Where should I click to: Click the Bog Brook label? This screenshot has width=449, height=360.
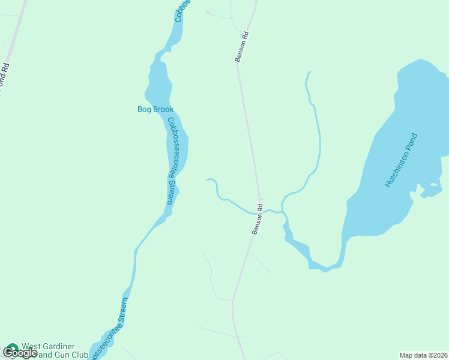coord(155,109)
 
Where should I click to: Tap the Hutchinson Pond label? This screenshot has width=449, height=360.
coord(401,160)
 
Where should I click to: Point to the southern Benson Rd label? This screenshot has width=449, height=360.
coord(258,219)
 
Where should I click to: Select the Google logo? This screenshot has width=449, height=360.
coord(19,353)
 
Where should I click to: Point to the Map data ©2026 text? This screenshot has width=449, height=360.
coord(423,355)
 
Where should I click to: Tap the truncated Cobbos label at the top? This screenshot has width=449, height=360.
coord(182,11)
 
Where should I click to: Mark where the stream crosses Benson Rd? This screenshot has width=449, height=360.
coord(260,211)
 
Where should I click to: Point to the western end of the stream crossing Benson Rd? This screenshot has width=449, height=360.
coord(207,179)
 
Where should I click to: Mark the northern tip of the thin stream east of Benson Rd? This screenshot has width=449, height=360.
coord(310,72)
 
